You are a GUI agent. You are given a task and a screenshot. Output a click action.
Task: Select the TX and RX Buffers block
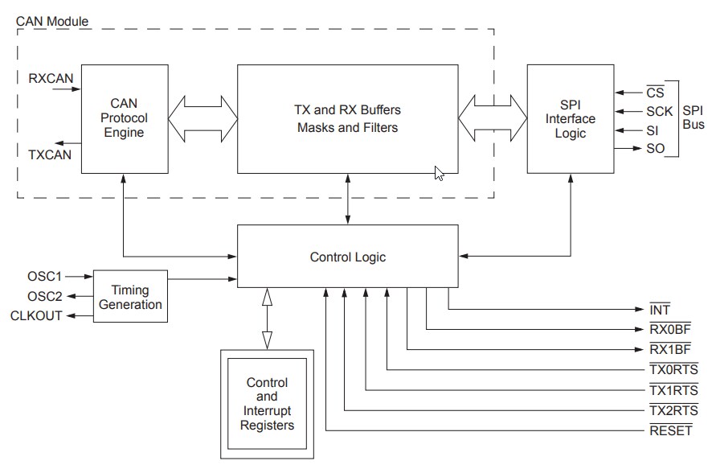348,118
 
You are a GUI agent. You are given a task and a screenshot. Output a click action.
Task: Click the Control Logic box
348,257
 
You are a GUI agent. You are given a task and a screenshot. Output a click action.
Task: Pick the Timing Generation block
131,296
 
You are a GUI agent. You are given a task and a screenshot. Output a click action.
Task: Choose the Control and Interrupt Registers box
267,404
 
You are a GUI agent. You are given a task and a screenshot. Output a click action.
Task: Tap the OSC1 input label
43,277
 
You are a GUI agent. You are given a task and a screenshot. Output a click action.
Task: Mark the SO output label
655,149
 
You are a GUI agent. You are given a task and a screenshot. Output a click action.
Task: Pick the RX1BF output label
669,349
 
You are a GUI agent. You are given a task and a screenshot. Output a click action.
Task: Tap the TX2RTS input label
673,410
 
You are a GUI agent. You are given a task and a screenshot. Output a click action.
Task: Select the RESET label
669,430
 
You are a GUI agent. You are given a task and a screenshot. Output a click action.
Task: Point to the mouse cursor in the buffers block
439,172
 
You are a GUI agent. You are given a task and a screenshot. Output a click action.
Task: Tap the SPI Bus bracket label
692,118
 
